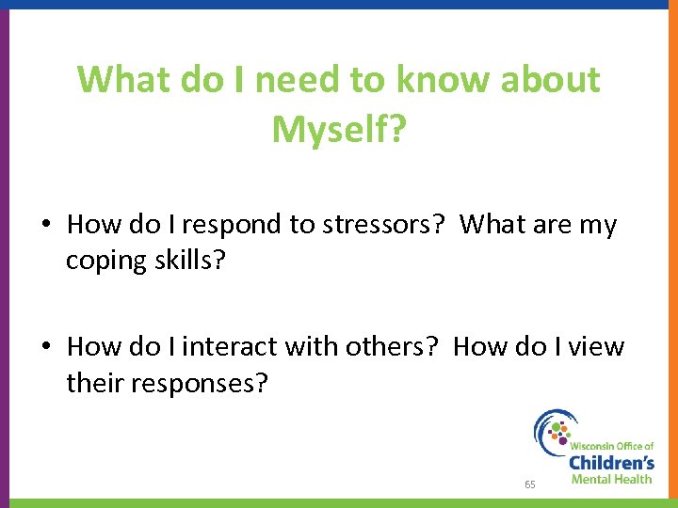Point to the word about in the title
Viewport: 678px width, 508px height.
[548, 80]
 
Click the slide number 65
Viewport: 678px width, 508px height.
[530, 484]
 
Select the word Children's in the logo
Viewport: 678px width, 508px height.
[611, 462]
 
